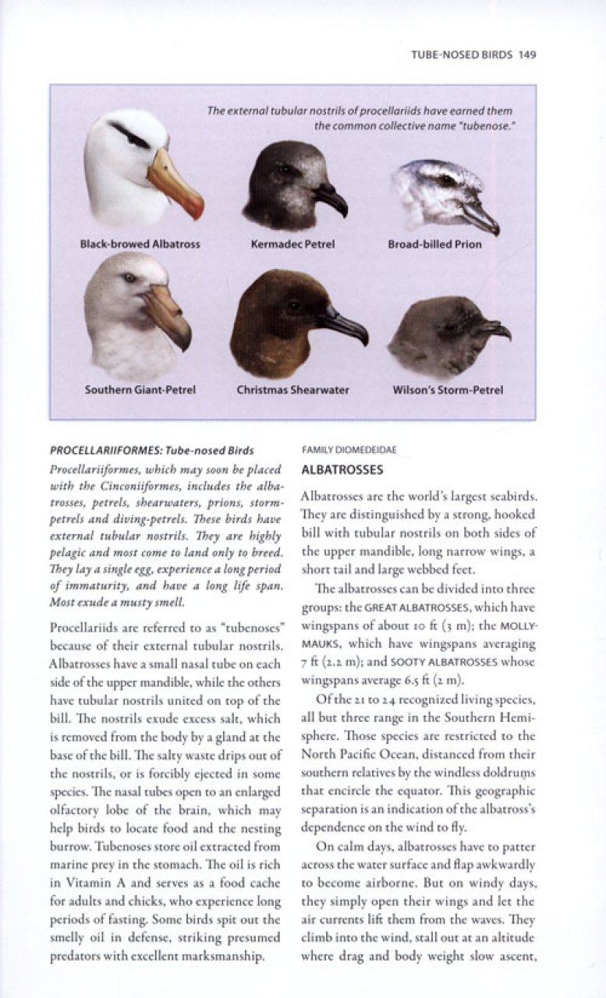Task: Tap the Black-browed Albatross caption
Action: [x=140, y=244]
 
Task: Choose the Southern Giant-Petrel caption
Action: [x=140, y=390]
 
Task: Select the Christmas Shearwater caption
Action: [x=293, y=390]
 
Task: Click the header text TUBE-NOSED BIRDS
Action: [x=462, y=55]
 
